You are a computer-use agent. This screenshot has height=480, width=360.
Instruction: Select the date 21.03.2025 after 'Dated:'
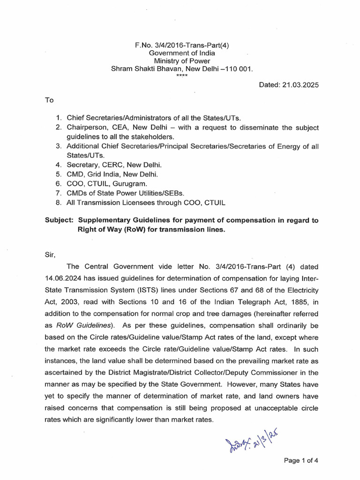click(x=296, y=84)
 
